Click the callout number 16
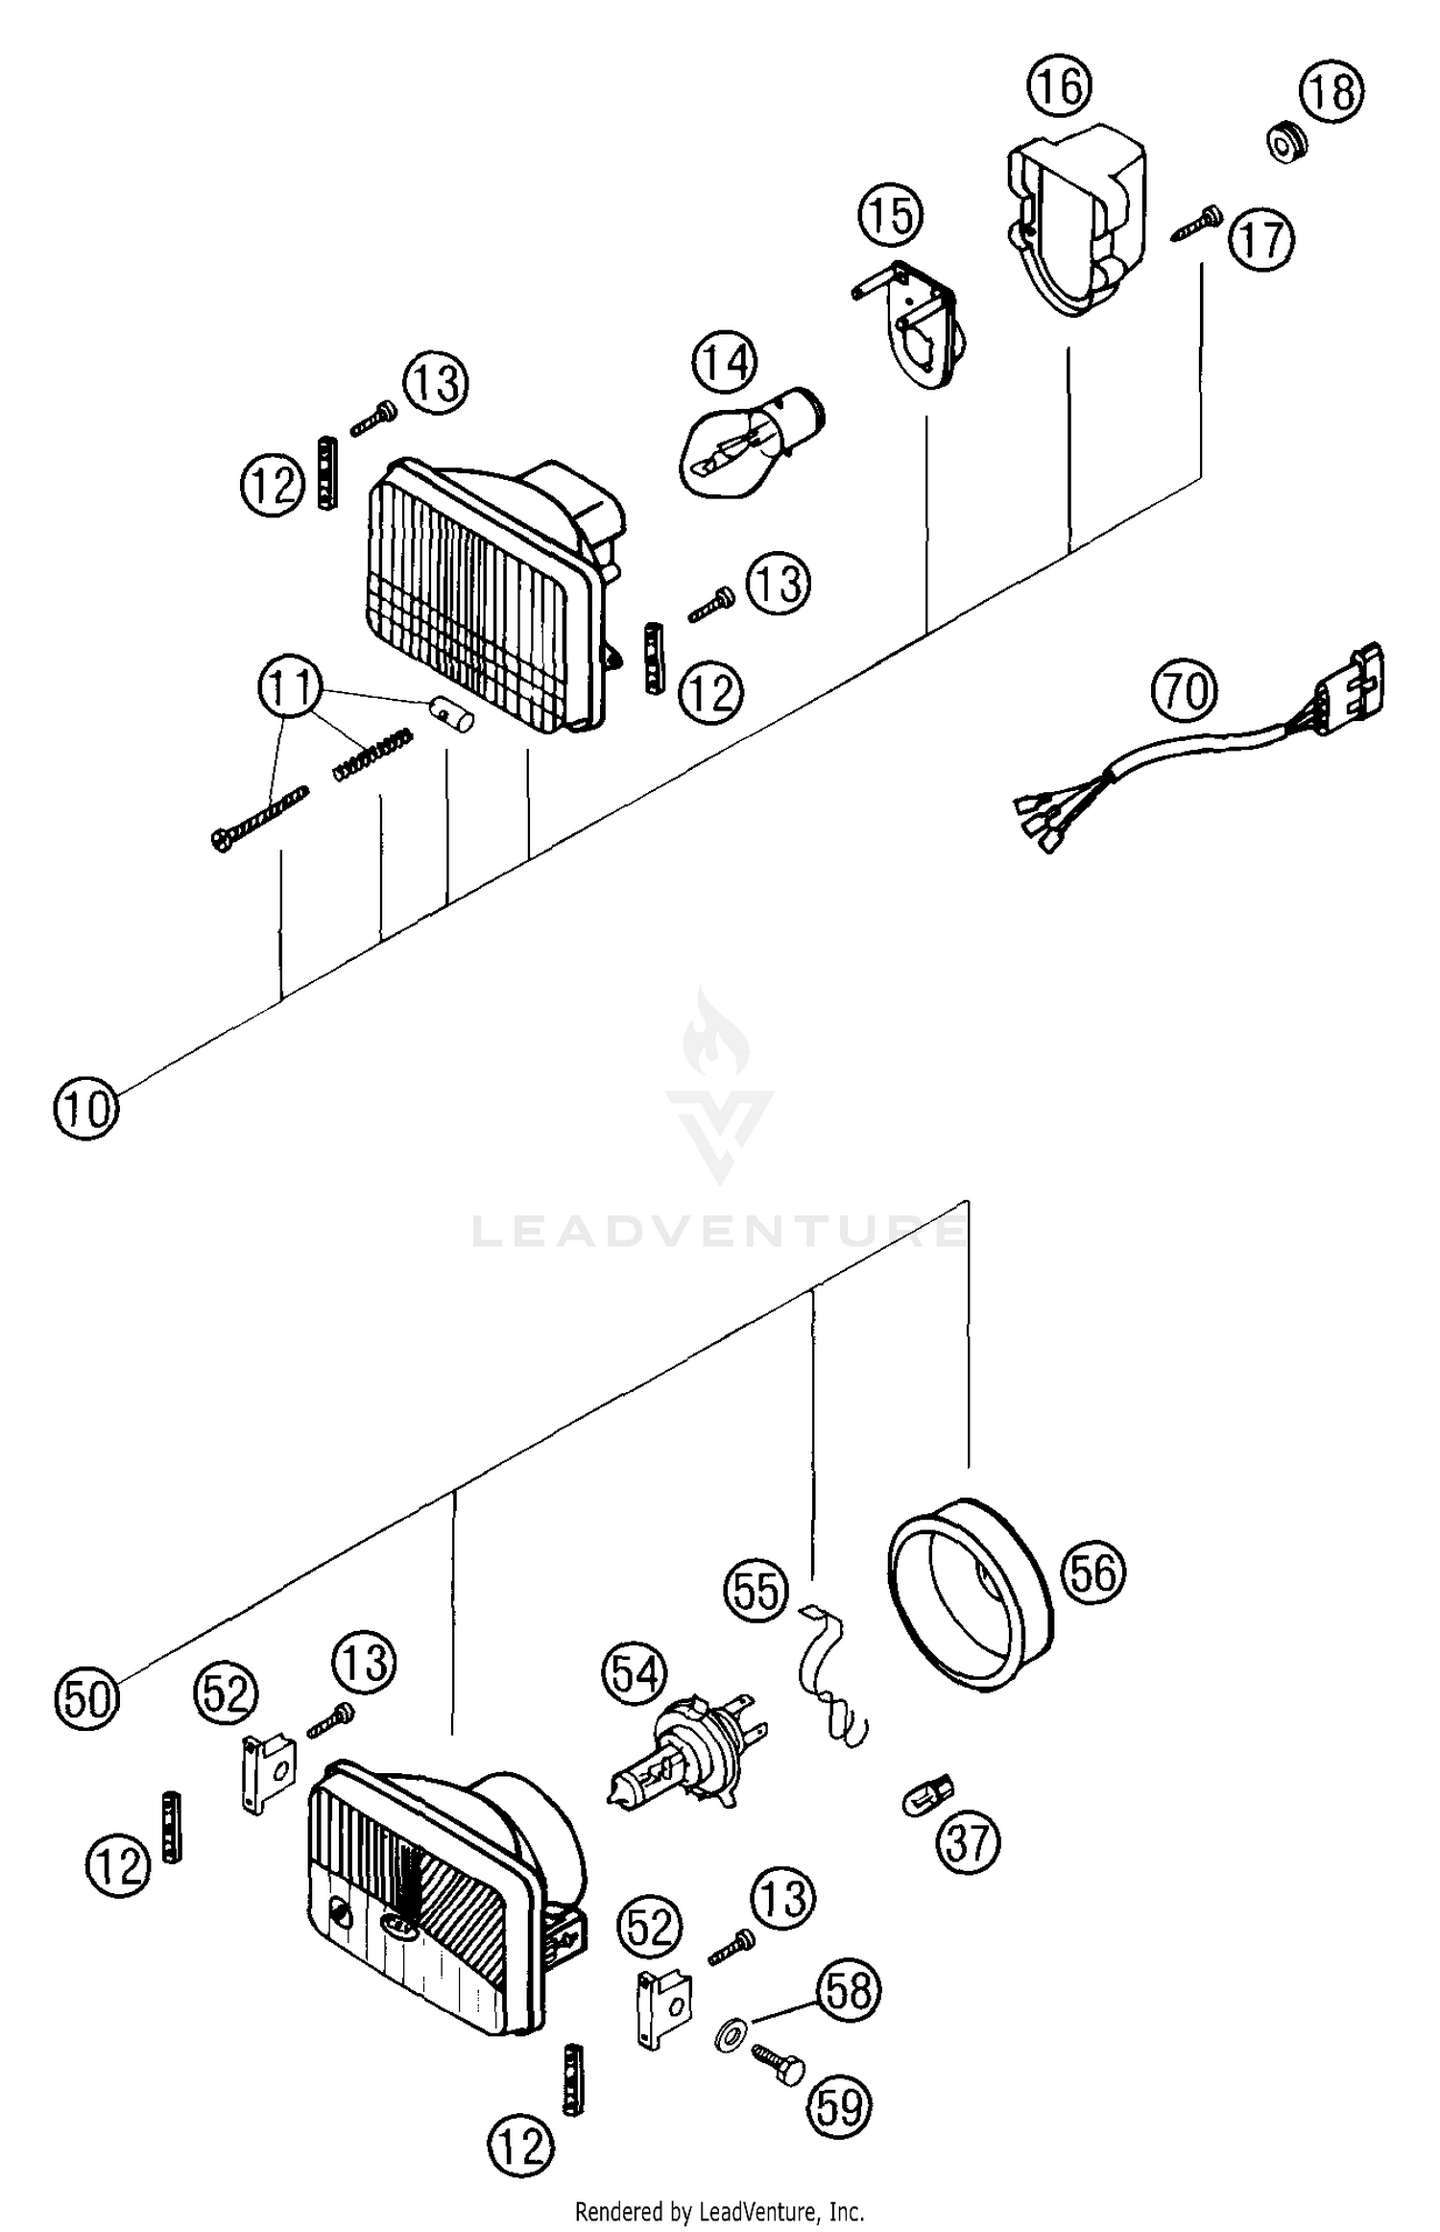pos(1061,86)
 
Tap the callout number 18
pos(1332,92)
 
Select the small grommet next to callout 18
pos(1283,143)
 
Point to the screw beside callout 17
pos(1196,224)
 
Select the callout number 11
pos(290,687)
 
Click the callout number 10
pos(85,1109)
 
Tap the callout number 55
pos(756,1591)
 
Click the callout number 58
pos(850,1992)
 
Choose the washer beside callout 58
pos(730,2033)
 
